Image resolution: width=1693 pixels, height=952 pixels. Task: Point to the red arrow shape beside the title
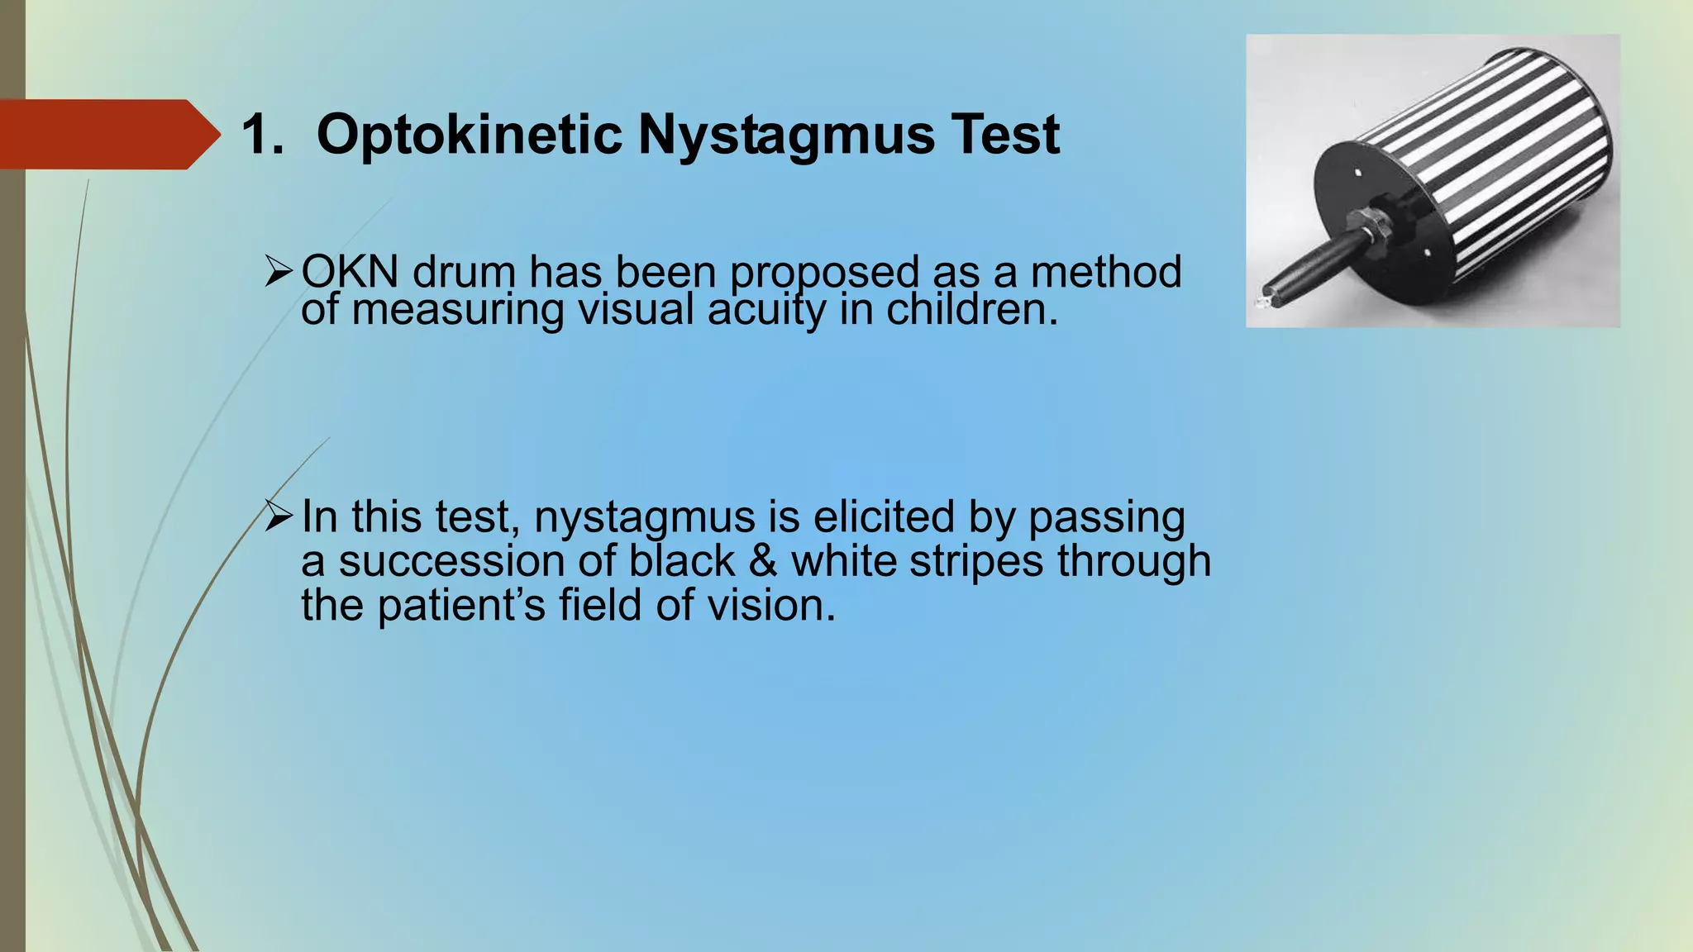tap(107, 135)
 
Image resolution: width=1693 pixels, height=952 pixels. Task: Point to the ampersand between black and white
tap(762, 561)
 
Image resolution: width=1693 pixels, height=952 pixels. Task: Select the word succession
tap(451, 561)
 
